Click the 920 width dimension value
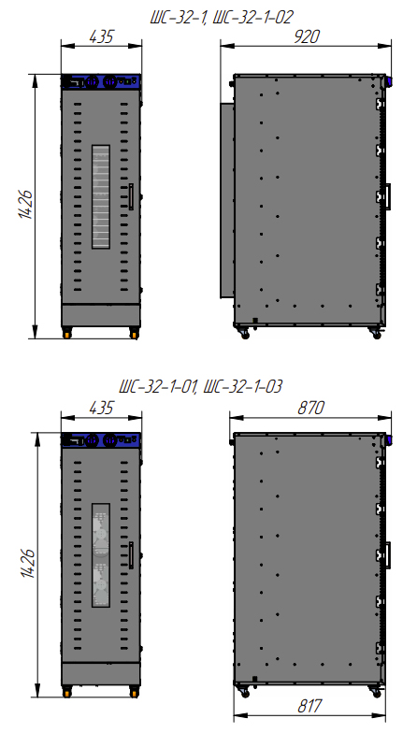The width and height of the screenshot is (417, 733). click(307, 36)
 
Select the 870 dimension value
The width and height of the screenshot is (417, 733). click(310, 408)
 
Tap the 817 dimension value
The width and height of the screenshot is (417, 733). click(309, 706)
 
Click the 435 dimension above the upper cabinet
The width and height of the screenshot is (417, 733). click(101, 36)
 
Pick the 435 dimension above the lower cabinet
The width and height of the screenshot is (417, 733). click(101, 408)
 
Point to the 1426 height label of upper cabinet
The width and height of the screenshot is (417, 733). click(26, 205)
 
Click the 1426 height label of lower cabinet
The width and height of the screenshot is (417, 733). click(28, 563)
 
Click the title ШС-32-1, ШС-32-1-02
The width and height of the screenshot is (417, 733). click(222, 17)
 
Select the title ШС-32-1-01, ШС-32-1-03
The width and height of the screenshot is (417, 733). click(201, 387)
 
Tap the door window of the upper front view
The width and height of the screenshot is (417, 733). click(101, 196)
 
